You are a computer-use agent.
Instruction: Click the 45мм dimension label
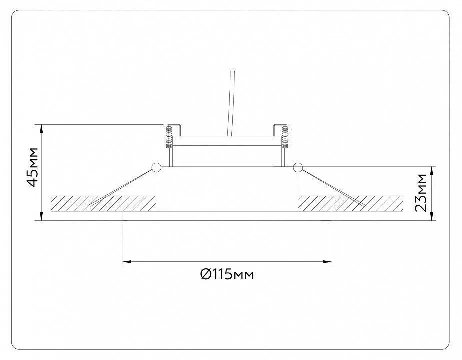point(32,167)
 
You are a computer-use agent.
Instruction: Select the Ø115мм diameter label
point(227,275)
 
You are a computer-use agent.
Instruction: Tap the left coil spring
point(169,136)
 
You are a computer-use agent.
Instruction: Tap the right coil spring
point(285,136)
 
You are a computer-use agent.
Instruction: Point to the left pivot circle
point(156,167)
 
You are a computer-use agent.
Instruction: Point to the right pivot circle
point(298,167)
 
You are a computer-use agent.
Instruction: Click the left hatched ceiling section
point(103,203)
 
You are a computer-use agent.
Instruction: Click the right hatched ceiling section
point(350,203)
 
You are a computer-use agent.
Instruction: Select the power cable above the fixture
point(230,103)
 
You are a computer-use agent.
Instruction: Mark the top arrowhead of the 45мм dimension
point(41,128)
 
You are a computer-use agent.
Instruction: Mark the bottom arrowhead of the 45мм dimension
point(41,216)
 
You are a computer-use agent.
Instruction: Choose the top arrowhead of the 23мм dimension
point(432,171)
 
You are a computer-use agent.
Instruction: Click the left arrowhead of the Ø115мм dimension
point(127,261)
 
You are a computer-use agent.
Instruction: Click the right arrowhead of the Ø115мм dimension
point(327,261)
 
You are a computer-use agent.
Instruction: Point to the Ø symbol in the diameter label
point(205,275)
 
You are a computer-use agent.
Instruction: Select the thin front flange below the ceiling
point(227,216)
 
